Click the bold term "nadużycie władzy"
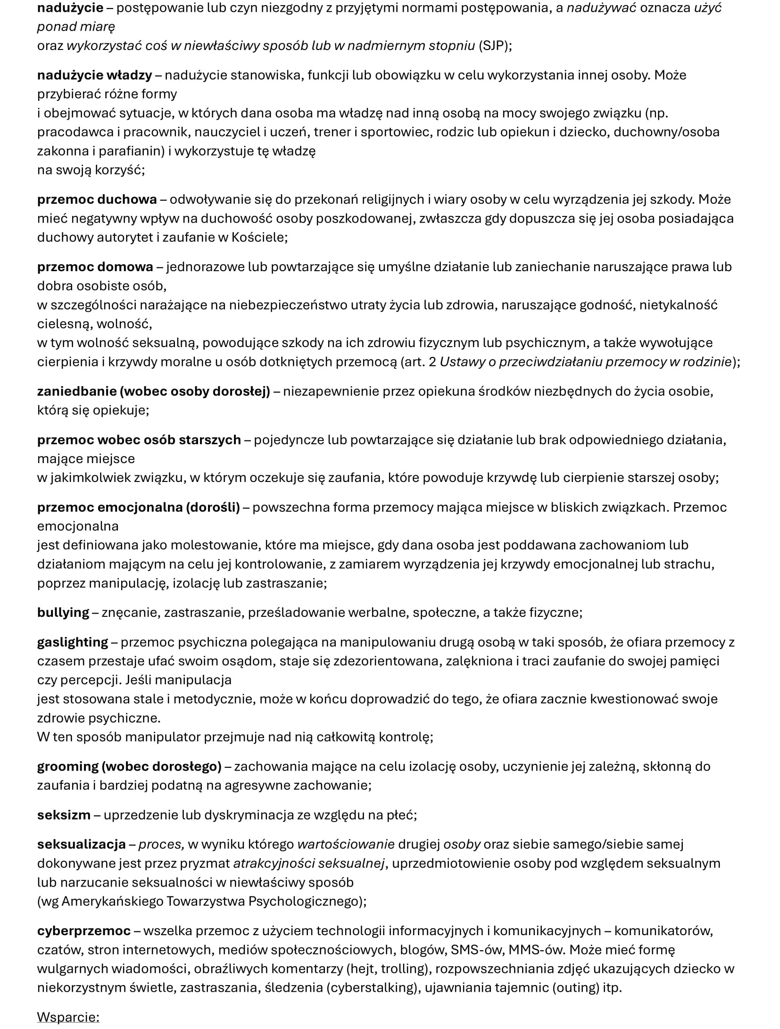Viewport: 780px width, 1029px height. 94,75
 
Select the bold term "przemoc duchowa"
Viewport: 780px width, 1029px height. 97,199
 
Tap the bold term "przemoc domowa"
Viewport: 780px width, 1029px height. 95,267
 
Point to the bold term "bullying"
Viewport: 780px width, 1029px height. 63,613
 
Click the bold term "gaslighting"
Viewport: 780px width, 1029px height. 73,642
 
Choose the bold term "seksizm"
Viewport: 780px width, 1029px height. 64,815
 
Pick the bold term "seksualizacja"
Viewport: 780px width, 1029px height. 81,844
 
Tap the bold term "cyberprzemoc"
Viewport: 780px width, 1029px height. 83,931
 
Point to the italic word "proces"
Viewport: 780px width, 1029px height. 160,844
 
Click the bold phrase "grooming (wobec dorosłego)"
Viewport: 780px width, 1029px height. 129,766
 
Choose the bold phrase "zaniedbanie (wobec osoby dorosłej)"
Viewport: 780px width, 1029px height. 153,391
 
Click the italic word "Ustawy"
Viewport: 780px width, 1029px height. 464,362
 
